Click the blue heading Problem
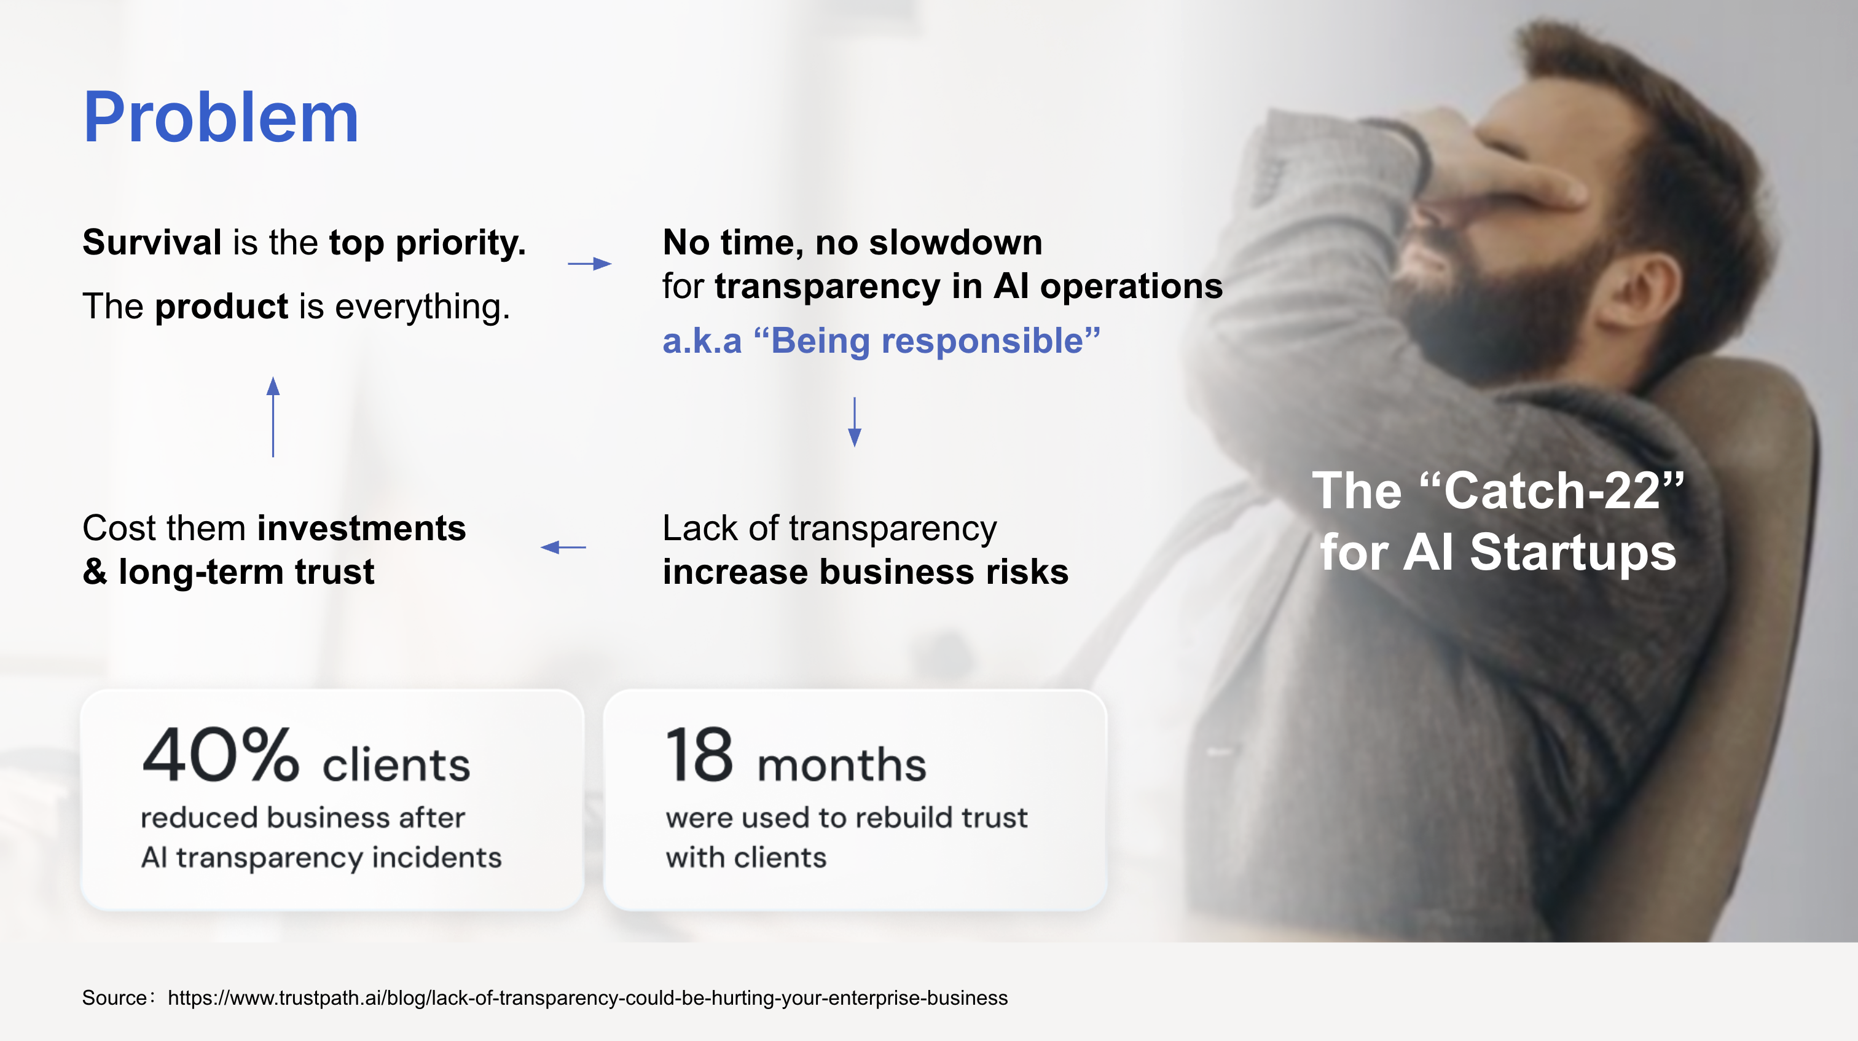click(221, 117)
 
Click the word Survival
click(152, 242)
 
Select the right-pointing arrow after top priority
click(589, 264)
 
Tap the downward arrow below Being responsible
click(854, 422)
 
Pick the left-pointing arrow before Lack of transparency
click(563, 548)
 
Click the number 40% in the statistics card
click(220, 755)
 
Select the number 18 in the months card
click(699, 755)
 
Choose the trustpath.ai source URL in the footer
click(587, 998)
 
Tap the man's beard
click(1500, 318)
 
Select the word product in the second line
click(221, 307)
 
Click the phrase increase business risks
click(865, 572)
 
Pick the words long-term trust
click(246, 572)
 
